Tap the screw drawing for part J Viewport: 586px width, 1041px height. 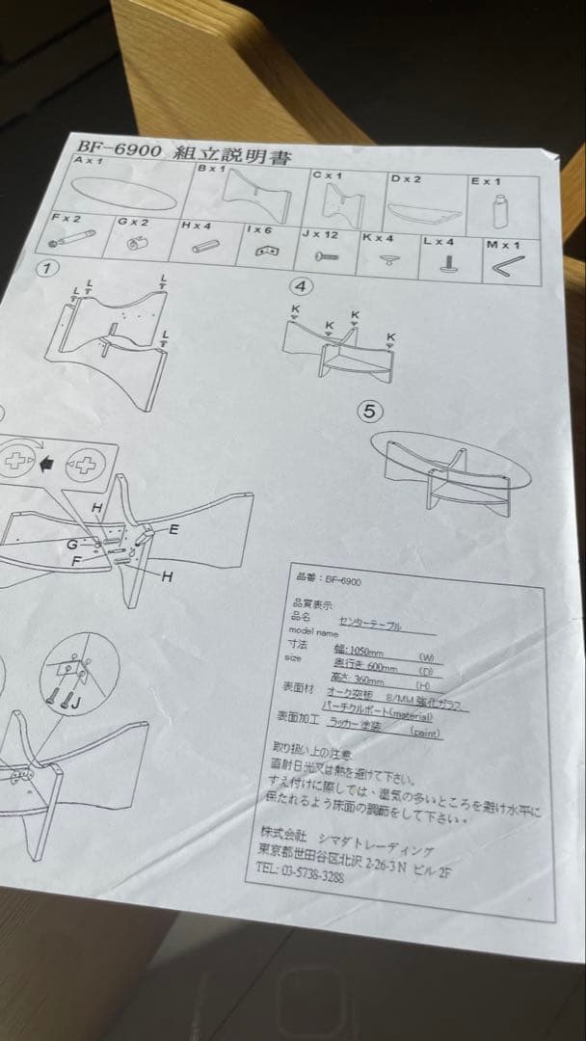coord(324,257)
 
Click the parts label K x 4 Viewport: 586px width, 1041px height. coord(378,236)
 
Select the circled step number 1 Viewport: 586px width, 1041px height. coord(44,267)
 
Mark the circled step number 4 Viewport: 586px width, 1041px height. coord(302,286)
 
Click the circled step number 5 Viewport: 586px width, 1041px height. coord(370,412)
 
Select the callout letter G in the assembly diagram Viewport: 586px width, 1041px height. coord(72,545)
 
